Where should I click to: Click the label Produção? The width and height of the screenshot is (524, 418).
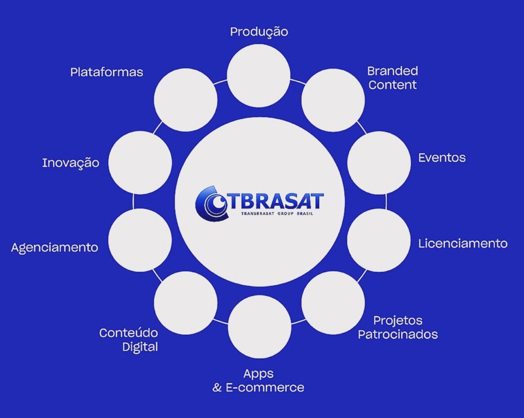(x=259, y=32)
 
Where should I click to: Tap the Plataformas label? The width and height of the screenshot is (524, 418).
(x=107, y=72)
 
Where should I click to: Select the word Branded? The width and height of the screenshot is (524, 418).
(x=392, y=71)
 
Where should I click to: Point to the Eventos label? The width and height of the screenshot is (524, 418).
(x=442, y=158)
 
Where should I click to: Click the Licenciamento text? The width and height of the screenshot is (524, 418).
(x=463, y=244)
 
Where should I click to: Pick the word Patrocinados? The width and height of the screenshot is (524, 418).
(x=398, y=334)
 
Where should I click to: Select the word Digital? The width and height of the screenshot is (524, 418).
(x=140, y=348)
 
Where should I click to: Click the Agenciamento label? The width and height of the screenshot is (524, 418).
(x=54, y=248)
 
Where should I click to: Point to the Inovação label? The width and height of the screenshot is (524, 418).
(x=71, y=163)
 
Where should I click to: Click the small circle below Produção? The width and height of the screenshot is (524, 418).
(x=259, y=76)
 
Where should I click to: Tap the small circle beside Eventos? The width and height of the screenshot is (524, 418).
(x=379, y=163)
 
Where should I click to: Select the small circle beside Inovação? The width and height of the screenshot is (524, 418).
(x=140, y=163)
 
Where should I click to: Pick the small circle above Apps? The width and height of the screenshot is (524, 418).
(x=260, y=327)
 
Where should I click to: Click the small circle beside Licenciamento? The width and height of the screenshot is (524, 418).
(x=379, y=240)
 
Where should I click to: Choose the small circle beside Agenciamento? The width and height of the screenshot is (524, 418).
(x=140, y=240)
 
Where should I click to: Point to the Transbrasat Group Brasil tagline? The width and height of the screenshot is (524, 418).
(x=277, y=214)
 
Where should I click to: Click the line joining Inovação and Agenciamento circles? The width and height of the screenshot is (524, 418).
(x=133, y=201)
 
